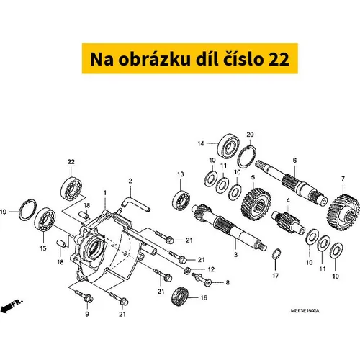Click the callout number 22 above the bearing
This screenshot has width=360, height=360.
pyautogui.click(x=71, y=162)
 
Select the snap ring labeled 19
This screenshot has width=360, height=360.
pyautogui.click(x=28, y=210)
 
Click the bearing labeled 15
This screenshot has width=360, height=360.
pyautogui.click(x=45, y=218)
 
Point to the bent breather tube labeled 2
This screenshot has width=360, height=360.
pyautogui.click(x=136, y=204)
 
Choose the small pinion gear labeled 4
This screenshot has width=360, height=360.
pyautogui.click(x=288, y=222)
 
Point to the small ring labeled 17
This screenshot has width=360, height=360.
pyautogui.click(x=276, y=254)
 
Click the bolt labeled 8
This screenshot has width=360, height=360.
pyautogui.click(x=202, y=279)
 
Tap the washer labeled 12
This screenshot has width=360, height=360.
pyautogui.click(x=187, y=271)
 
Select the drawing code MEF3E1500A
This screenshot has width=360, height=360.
pyautogui.click(x=305, y=311)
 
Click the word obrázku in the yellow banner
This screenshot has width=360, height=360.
pyautogui.click(x=155, y=59)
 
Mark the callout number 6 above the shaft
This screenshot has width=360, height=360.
pyautogui.click(x=294, y=160)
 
